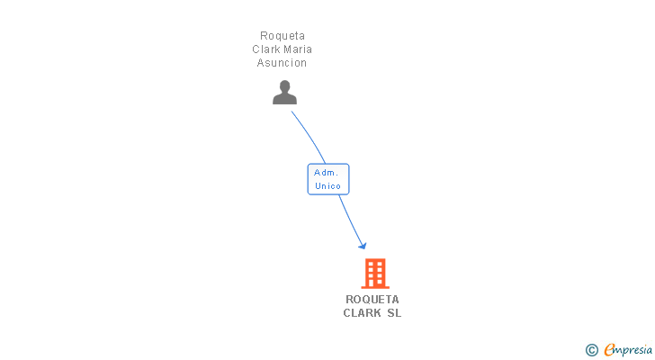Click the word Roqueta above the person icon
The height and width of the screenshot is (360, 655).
point(283,36)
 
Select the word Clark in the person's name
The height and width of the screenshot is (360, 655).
point(267,49)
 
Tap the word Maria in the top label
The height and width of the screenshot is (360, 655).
point(298,49)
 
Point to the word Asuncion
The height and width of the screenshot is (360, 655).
point(283,63)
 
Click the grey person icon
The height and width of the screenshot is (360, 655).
point(284,93)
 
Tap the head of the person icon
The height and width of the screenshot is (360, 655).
point(284,86)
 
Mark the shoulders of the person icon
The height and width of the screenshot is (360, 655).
point(284,99)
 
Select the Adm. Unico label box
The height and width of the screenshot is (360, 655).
point(327,179)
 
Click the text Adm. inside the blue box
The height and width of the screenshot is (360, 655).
point(326,172)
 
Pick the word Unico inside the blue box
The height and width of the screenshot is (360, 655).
point(327,186)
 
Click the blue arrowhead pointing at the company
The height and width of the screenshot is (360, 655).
point(363,245)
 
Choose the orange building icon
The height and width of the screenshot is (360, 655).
point(374,273)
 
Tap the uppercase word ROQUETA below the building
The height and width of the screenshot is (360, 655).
point(372,300)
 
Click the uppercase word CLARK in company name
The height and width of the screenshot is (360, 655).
point(362,313)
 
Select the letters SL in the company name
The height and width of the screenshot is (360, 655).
point(394,313)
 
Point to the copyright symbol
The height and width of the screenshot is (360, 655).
point(591,350)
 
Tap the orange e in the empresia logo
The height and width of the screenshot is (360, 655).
point(609,350)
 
